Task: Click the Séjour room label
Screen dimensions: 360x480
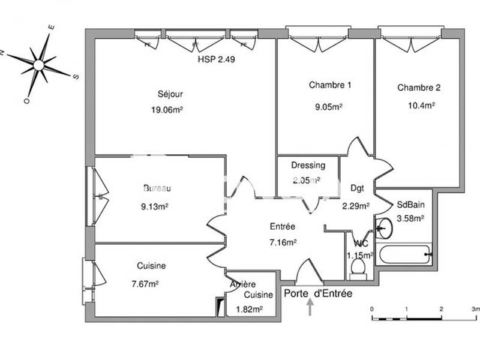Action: click(170, 94)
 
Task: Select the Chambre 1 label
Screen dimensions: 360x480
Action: click(330, 85)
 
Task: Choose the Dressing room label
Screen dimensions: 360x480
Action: click(308, 166)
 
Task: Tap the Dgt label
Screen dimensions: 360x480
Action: click(357, 188)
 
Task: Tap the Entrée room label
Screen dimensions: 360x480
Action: click(282, 227)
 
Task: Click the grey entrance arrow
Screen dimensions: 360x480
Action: click(310, 307)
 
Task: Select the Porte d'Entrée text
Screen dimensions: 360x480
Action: click(318, 294)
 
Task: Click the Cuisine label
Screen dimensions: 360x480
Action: click(151, 266)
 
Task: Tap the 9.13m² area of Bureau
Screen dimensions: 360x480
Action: click(154, 207)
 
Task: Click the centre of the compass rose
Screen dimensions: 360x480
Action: click(39, 64)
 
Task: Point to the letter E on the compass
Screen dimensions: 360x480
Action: click(52, 27)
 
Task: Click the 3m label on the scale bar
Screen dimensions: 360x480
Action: click(475, 308)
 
